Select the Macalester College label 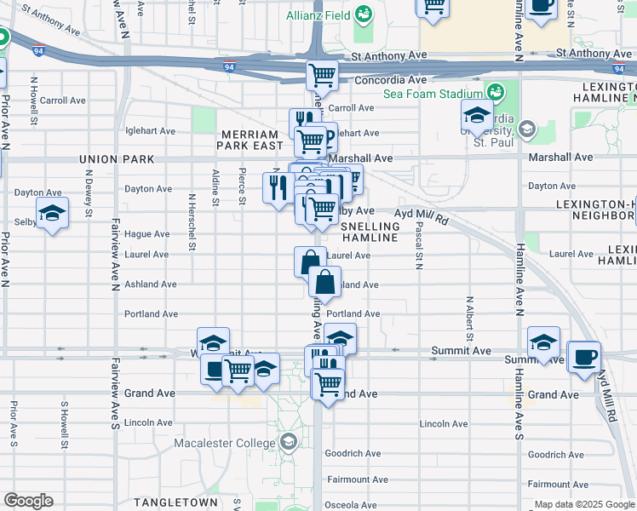226,443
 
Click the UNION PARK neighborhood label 117,159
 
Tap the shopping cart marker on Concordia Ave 322,75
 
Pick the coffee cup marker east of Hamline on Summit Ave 584,357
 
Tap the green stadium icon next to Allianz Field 364,14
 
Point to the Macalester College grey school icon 289,442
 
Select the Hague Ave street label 147,234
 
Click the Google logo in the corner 28,501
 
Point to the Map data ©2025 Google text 582,504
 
